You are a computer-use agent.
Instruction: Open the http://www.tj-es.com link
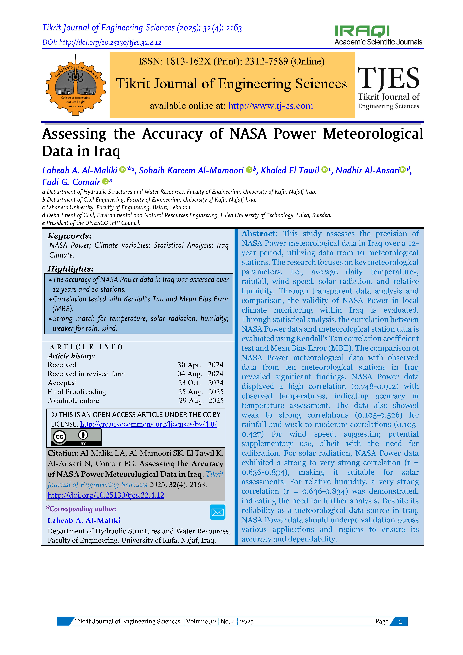pyautogui.click(x=270, y=106)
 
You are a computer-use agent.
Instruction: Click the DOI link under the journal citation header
pyautogui.click(x=110, y=42)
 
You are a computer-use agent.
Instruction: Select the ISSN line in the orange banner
pyautogui.click(x=231, y=61)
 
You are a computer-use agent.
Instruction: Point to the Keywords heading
pyautogui.click(x=70, y=236)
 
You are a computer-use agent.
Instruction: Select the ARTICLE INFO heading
pyautogui.click(x=86, y=347)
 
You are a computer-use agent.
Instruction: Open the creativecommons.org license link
pyautogui.click(x=148, y=424)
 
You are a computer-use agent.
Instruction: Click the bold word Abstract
pyautogui.click(x=258, y=234)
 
